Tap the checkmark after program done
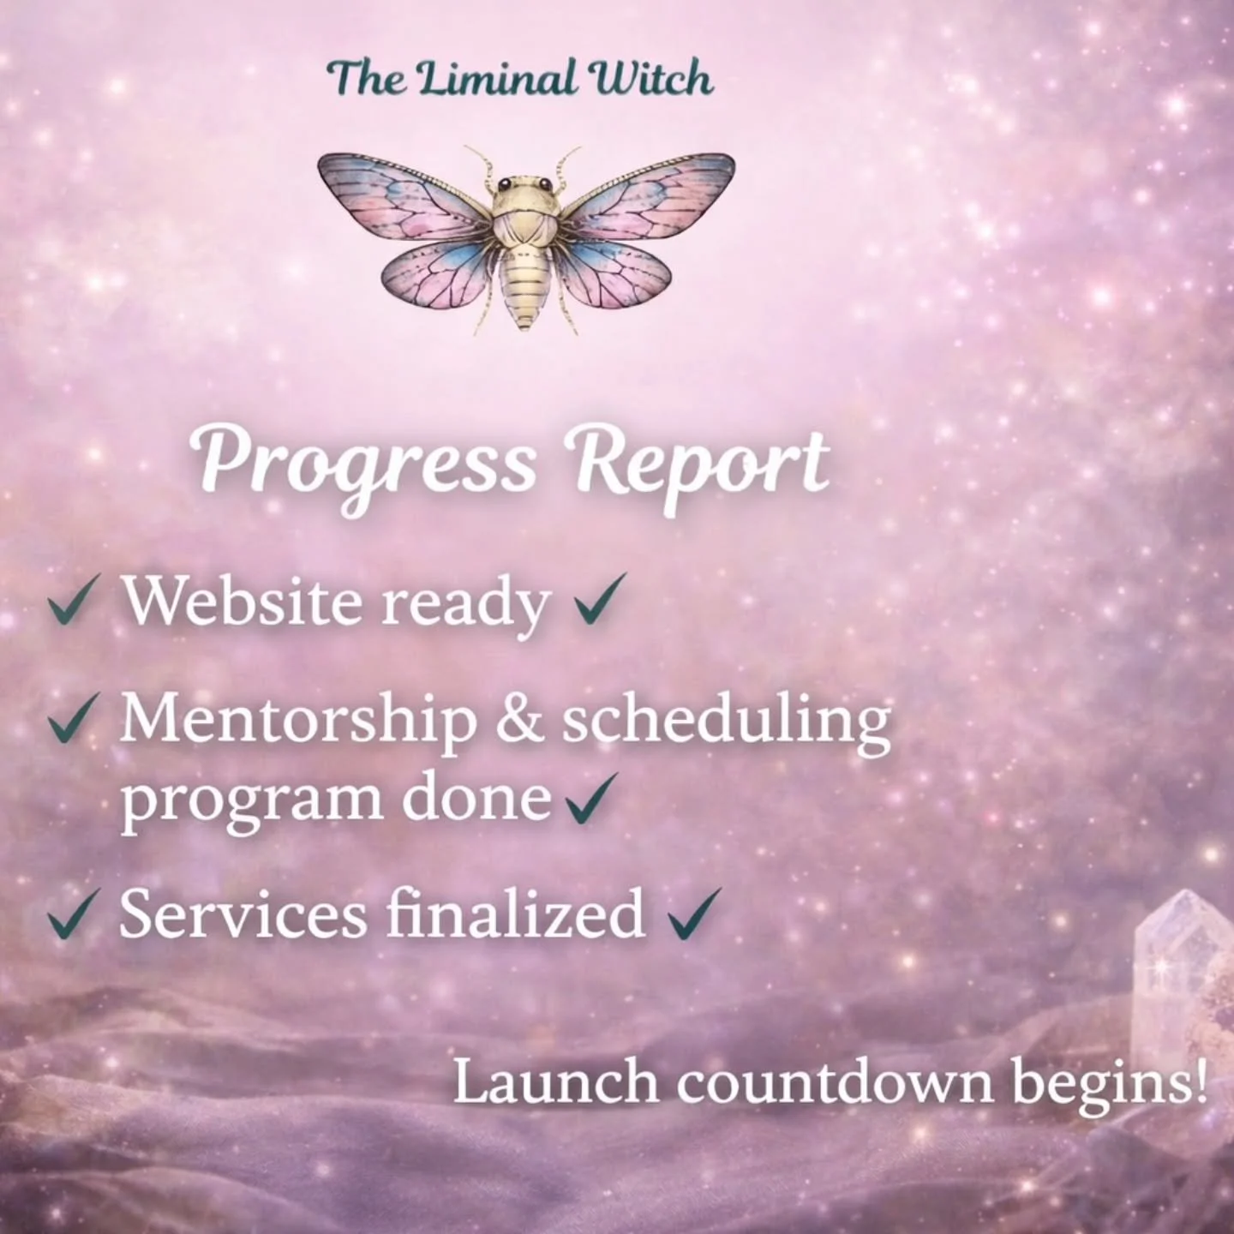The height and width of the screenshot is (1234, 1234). [592, 797]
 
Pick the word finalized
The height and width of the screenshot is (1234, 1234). [515, 914]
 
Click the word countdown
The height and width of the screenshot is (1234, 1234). [836, 1082]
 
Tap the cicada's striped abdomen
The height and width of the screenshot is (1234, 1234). [524, 287]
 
